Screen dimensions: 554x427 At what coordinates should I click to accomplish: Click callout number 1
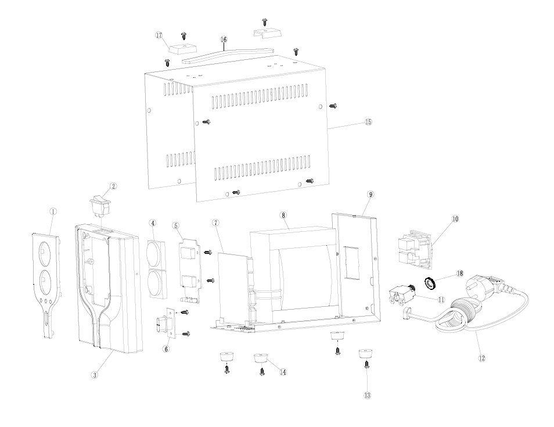53,211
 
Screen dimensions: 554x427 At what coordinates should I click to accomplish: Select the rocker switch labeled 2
100,206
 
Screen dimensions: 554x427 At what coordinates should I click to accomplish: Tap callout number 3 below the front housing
94,375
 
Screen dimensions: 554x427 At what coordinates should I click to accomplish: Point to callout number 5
176,225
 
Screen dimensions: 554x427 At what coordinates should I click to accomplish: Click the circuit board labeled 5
191,270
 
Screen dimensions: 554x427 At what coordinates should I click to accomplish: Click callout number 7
216,223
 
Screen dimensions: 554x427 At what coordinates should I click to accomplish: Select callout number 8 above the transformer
283,215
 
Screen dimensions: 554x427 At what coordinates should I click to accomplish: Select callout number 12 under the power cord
481,358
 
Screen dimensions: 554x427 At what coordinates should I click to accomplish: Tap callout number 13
368,395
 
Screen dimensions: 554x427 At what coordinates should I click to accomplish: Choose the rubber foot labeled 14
261,359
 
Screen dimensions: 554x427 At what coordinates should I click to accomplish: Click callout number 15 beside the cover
368,122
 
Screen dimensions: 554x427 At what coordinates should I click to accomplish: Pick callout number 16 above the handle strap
224,40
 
